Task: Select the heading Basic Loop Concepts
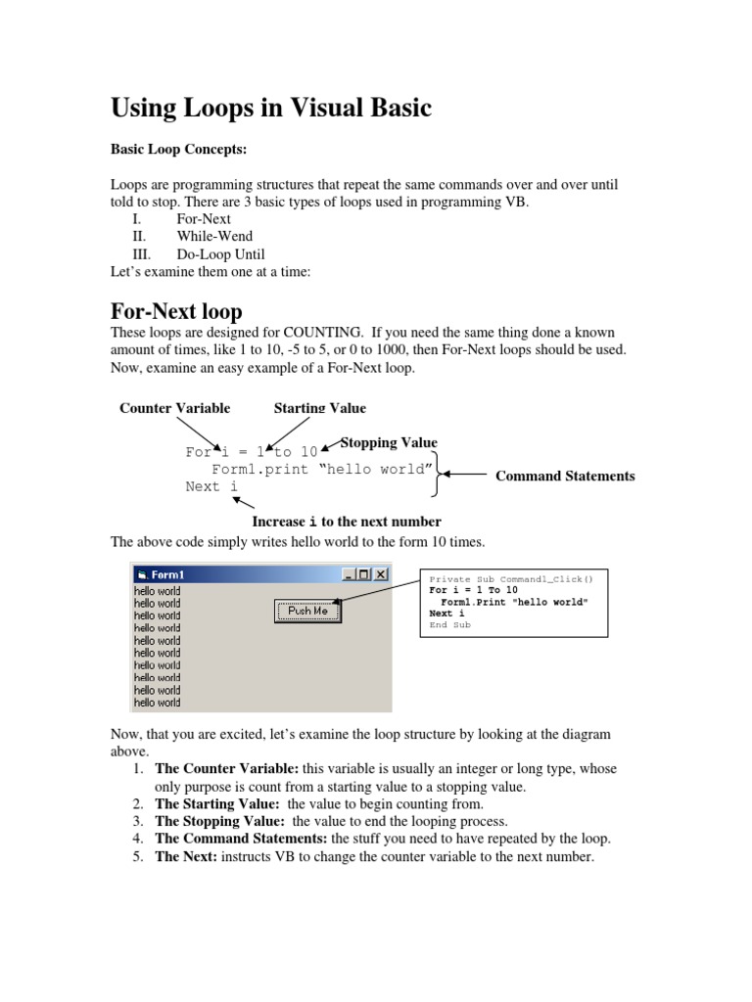(177, 151)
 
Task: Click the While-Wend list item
(214, 237)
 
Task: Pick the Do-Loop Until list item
(220, 254)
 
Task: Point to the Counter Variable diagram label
(175, 408)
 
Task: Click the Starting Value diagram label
(320, 408)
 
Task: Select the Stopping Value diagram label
(389, 443)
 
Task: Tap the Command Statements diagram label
(565, 477)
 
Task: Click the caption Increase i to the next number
(347, 522)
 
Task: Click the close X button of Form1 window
(381, 574)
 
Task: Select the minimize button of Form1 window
(350, 574)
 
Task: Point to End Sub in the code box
(449, 625)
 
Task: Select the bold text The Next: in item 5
(187, 857)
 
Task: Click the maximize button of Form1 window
(365, 574)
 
